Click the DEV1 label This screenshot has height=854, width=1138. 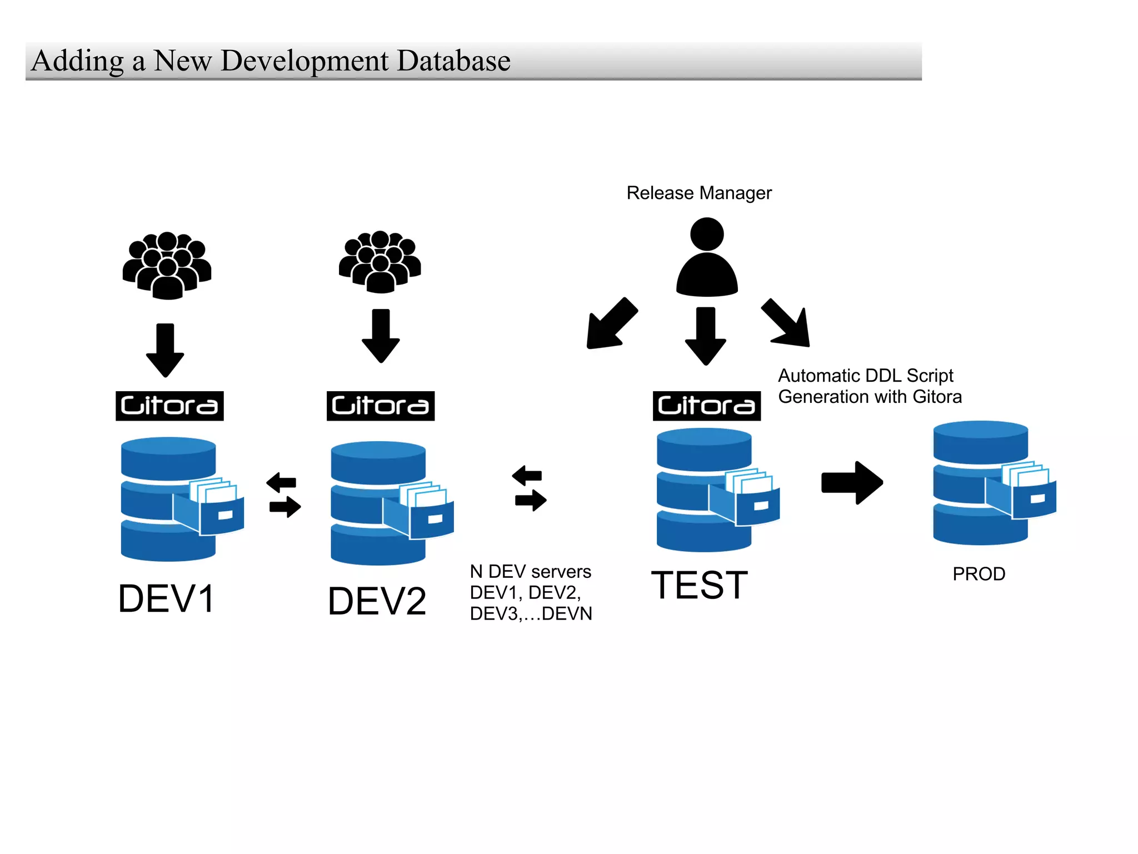166,599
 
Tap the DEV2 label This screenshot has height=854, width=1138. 377,601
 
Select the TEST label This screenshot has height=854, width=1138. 699,585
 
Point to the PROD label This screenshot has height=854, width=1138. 979,574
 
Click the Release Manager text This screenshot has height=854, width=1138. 698,193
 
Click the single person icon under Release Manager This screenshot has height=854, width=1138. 706,257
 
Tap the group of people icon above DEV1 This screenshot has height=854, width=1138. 167,266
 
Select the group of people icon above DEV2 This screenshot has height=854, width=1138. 380,262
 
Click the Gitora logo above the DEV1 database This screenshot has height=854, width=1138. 169,406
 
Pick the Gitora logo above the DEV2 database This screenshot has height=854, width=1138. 380,406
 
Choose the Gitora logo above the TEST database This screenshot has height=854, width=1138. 706,406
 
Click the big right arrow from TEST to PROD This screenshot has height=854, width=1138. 852,482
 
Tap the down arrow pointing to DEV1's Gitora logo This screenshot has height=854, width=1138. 165,350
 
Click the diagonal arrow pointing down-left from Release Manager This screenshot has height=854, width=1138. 611,324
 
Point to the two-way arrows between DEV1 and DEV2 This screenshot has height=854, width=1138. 284,495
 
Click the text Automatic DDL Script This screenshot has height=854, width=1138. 865,376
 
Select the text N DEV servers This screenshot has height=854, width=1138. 530,572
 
